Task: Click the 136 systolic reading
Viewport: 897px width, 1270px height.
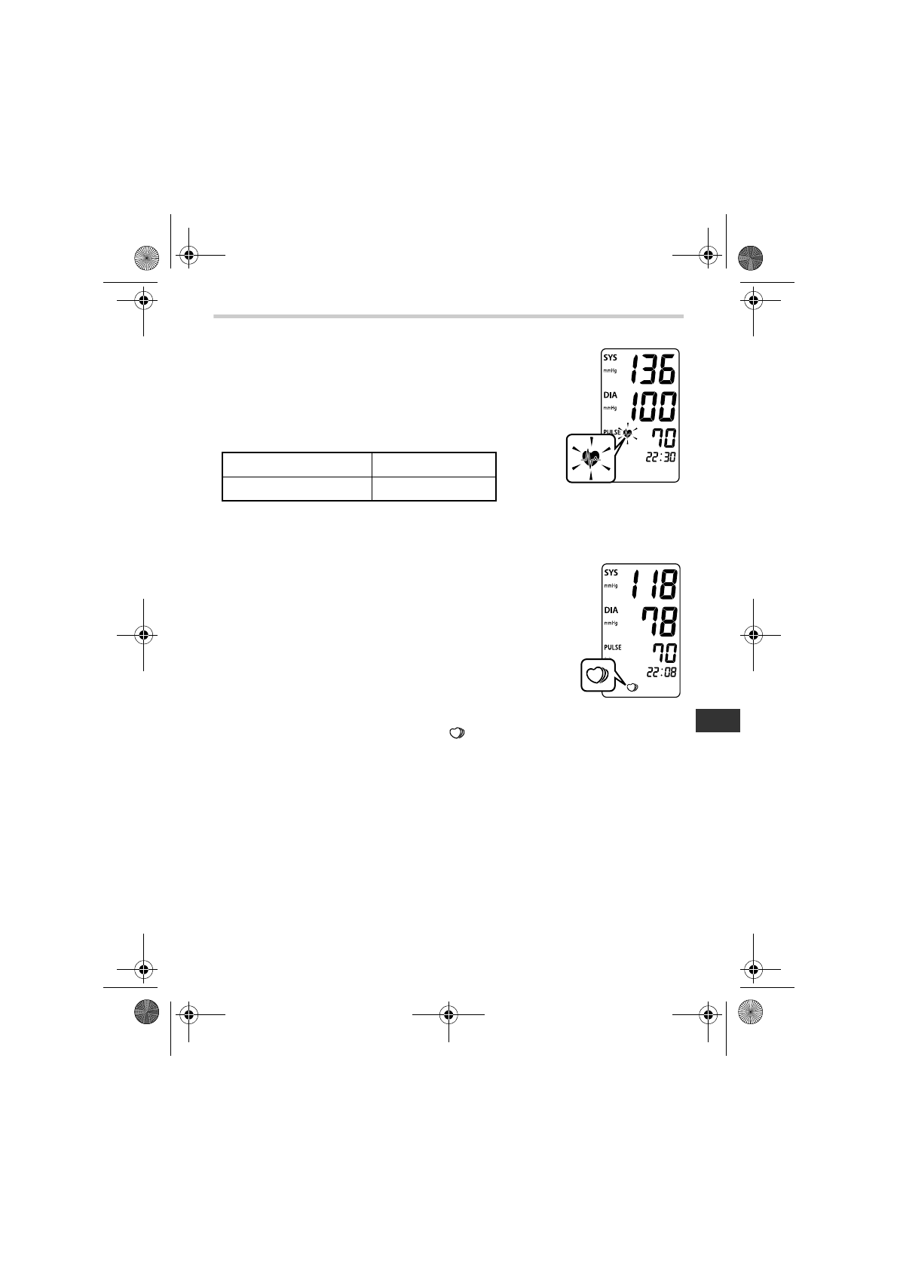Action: click(x=652, y=370)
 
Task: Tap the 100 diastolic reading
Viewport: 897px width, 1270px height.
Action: click(x=652, y=407)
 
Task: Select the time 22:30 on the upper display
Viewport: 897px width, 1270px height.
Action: click(x=660, y=459)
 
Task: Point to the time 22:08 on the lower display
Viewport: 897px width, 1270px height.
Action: click(x=660, y=672)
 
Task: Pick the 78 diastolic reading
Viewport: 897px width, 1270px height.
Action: click(x=659, y=621)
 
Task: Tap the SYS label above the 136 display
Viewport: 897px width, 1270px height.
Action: click(x=610, y=358)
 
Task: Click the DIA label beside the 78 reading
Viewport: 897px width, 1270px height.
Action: click(x=610, y=610)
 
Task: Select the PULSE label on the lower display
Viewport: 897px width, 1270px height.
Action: click(x=612, y=647)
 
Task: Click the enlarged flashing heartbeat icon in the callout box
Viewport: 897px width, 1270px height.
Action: click(x=591, y=458)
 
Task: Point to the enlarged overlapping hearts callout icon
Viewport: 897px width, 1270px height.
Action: click(x=597, y=673)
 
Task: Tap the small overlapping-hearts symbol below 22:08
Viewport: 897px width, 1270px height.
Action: click(x=631, y=686)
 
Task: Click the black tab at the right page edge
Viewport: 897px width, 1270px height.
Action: click(x=717, y=720)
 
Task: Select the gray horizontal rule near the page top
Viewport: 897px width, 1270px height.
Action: click(x=448, y=317)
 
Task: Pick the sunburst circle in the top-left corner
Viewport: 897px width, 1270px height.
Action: click(x=147, y=257)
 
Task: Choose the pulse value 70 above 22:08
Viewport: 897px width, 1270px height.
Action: click(x=664, y=652)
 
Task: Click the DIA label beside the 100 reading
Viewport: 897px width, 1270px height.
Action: click(x=610, y=395)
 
